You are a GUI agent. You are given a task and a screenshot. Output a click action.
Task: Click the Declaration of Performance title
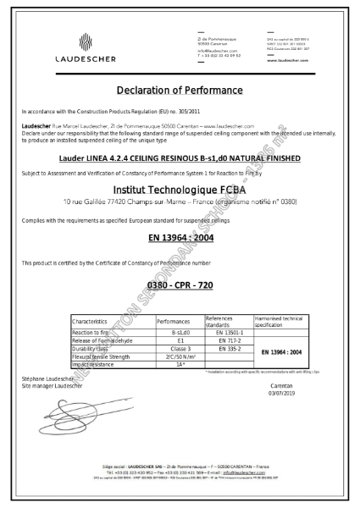(x=180, y=90)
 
